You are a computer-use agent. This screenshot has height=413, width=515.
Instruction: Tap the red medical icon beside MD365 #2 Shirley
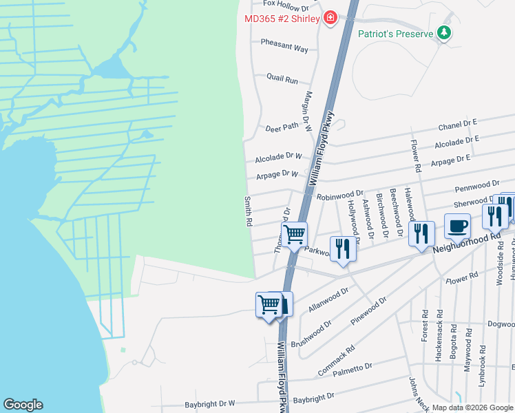pyautogui.click(x=330, y=18)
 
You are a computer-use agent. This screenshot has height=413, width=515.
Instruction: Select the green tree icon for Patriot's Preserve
pyautogui.click(x=445, y=33)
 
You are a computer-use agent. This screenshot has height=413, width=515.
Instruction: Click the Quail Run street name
pyautogui.click(x=282, y=80)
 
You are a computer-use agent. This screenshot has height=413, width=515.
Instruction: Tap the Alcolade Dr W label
pyautogui.click(x=279, y=158)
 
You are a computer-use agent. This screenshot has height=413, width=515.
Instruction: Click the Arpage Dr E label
pyautogui.click(x=450, y=160)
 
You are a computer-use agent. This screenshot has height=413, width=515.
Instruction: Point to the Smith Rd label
pyautogui.click(x=248, y=212)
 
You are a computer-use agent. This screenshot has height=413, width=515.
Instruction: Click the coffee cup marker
pyautogui.click(x=457, y=226)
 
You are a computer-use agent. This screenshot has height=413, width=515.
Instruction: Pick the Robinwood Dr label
pyautogui.click(x=339, y=195)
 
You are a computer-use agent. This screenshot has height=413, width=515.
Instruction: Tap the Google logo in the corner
pyautogui.click(x=23, y=405)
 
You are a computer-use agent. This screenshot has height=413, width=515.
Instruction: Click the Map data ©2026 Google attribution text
pyautogui.click(x=472, y=407)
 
